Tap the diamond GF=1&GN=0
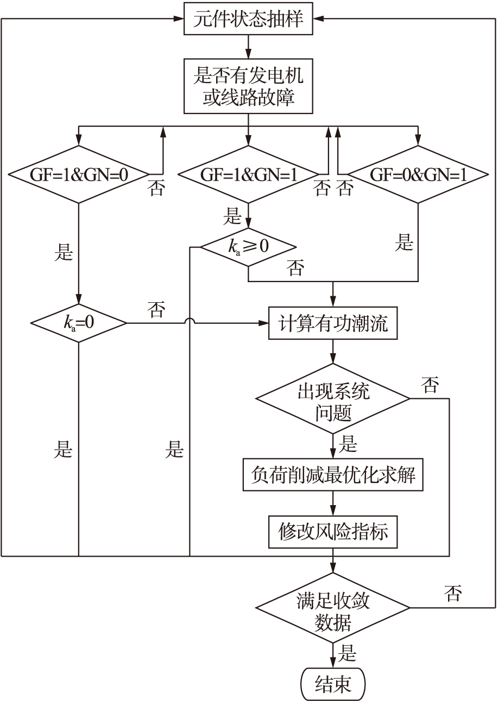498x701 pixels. coord(79,175)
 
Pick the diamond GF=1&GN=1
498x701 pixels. coord(249,175)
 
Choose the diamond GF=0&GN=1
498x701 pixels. coord(418,175)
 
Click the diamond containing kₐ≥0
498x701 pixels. coord(248,247)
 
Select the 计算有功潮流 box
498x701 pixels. coord(333,324)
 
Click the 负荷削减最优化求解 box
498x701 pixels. coord(333,475)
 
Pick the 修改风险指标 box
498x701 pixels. coord(333,532)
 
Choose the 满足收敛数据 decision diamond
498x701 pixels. coord(333,608)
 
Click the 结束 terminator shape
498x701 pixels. coord(333,680)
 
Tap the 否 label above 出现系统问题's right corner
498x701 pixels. coord(430,385)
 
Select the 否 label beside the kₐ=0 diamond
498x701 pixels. coord(156,310)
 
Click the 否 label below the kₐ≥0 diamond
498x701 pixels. coord(295,268)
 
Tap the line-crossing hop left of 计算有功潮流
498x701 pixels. coord(189,323)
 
